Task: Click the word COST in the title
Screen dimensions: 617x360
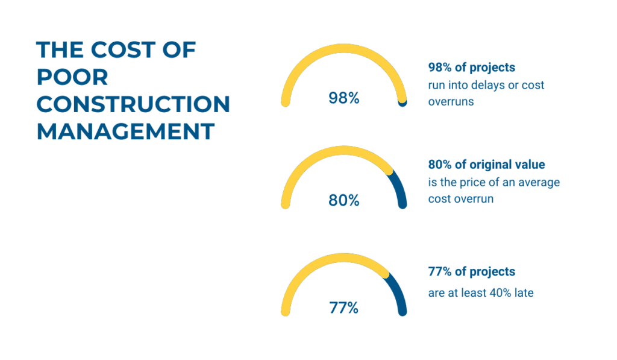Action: click(123, 50)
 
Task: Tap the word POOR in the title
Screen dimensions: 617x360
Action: click(72, 77)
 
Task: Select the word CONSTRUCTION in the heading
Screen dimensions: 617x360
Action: click(133, 104)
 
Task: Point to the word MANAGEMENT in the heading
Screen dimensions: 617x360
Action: click(125, 131)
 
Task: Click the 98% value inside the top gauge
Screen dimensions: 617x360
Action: click(344, 98)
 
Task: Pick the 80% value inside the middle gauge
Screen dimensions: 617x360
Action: click(344, 200)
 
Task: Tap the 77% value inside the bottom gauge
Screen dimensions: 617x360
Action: click(344, 308)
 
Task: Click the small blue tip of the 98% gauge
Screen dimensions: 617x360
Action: click(402, 104)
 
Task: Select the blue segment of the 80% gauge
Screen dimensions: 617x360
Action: click(398, 188)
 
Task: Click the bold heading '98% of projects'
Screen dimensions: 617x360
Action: click(471, 68)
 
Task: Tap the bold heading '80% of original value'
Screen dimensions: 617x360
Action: click(486, 165)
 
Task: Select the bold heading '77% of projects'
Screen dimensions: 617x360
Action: click(471, 272)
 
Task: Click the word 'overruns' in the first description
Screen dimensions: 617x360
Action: click(451, 102)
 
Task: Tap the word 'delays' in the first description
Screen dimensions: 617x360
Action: click(488, 85)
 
